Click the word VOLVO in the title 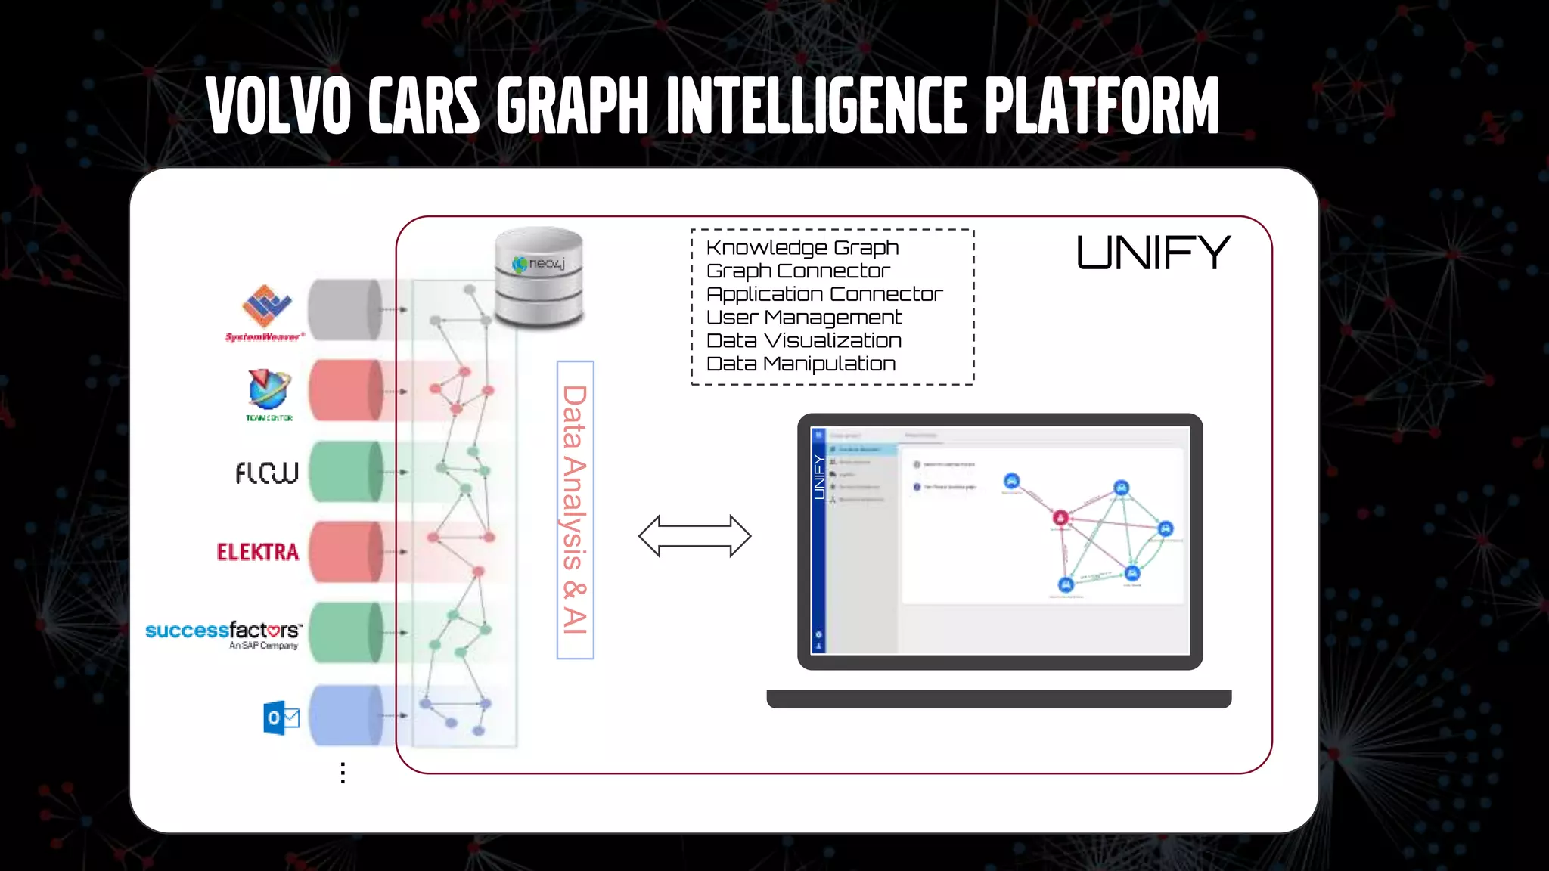[x=278, y=106]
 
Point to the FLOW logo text [x=267, y=473]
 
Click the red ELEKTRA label [x=258, y=552]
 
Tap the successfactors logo [x=225, y=634]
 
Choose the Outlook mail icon [x=281, y=718]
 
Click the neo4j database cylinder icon [x=539, y=277]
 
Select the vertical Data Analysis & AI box [x=575, y=510]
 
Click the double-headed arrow [x=694, y=536]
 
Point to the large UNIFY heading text [x=1153, y=253]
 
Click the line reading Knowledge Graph [x=802, y=248]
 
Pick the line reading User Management [x=804, y=318]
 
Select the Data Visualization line [x=804, y=341]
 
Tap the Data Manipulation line [x=801, y=364]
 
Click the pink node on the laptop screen [x=1060, y=518]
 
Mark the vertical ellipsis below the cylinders [x=343, y=773]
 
